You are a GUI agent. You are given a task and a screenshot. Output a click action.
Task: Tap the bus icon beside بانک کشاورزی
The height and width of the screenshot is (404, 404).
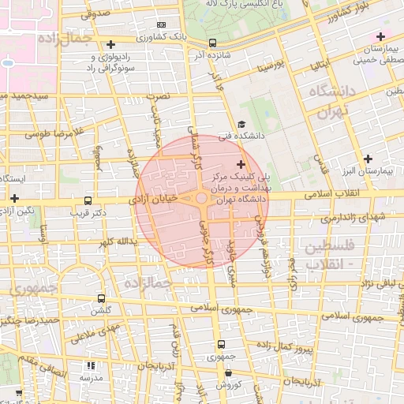[212, 43]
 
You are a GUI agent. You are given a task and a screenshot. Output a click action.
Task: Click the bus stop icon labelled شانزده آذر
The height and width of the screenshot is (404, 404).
[212, 43]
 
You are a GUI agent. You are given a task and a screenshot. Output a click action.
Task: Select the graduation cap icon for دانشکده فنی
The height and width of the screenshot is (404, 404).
[241, 124]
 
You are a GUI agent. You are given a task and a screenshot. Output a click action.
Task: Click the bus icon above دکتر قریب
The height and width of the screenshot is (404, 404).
[87, 200]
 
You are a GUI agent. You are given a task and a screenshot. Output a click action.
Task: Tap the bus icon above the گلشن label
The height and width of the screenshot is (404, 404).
[101, 298]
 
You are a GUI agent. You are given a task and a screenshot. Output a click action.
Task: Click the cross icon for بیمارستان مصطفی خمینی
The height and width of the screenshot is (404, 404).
[380, 36]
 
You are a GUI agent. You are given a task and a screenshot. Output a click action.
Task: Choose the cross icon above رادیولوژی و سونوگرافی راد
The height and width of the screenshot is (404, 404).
[110, 44]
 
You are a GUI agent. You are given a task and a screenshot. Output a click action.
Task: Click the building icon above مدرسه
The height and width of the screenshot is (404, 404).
[90, 365]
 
